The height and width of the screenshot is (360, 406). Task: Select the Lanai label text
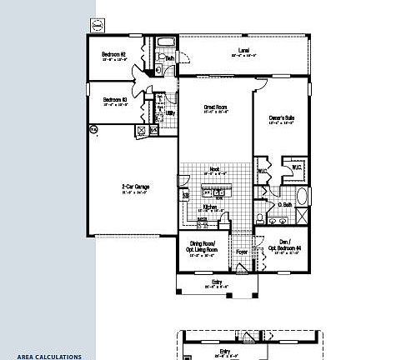click(243, 51)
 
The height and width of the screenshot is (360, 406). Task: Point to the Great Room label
click(216, 107)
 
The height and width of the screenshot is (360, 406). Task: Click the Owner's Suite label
click(281, 117)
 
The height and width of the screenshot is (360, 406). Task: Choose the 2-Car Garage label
click(133, 187)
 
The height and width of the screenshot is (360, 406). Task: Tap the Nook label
click(215, 169)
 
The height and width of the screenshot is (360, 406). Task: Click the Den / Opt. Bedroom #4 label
click(283, 247)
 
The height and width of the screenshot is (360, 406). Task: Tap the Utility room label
click(170, 113)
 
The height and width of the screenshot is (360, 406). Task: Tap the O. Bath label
click(285, 205)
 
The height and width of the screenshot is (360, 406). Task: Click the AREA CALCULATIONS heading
click(48, 356)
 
